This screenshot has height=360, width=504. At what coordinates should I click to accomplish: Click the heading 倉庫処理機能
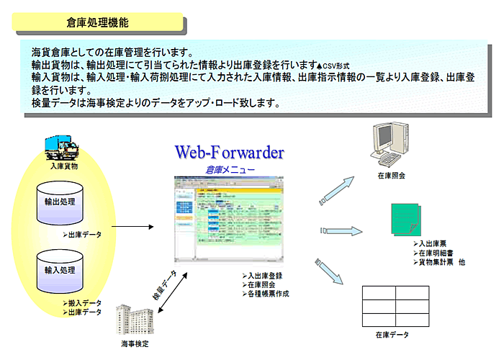point(102,23)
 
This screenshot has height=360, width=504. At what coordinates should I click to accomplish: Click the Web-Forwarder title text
point(230,153)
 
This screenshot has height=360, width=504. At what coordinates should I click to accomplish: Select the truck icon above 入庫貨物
point(63,148)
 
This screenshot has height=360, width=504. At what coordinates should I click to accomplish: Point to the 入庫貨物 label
point(64,166)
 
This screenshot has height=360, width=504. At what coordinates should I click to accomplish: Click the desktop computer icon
point(390,144)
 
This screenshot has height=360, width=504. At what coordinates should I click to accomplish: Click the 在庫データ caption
point(392,335)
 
